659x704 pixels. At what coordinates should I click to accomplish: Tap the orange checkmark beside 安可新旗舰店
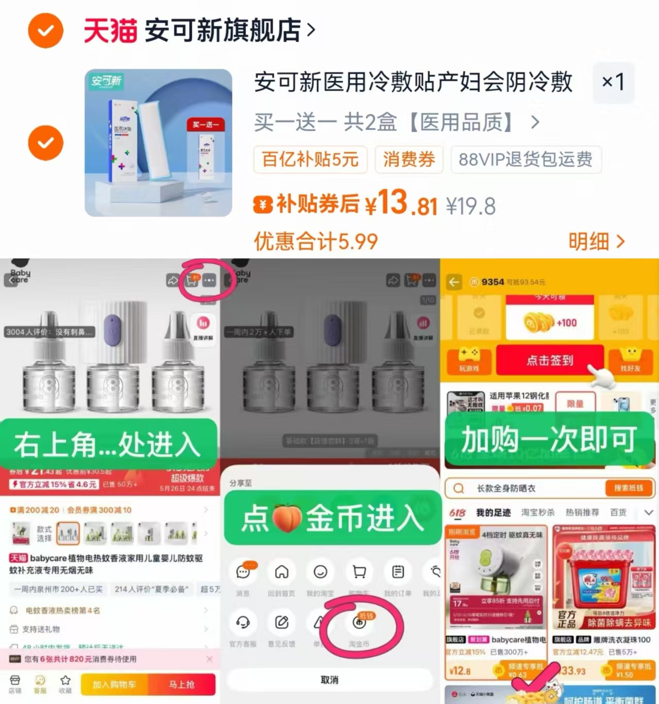click(x=45, y=31)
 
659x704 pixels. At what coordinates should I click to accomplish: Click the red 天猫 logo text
click(x=110, y=31)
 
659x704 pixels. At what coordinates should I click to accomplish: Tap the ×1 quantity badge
click(x=613, y=82)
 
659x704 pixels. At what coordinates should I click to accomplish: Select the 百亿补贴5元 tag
click(x=310, y=159)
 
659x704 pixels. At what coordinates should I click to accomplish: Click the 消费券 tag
click(x=409, y=159)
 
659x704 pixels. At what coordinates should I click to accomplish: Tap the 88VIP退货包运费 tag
click(x=526, y=159)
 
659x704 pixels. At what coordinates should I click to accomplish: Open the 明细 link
click(x=596, y=241)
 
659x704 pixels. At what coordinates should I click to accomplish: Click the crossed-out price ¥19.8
click(x=470, y=207)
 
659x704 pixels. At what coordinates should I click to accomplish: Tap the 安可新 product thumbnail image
click(x=158, y=143)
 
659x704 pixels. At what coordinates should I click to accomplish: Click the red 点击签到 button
click(x=549, y=360)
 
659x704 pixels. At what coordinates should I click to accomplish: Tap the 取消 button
click(x=330, y=680)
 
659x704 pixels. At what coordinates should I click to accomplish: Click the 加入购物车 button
click(x=114, y=684)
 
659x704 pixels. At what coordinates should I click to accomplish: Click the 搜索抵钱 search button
click(x=628, y=488)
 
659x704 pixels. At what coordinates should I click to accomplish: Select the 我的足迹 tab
click(x=493, y=512)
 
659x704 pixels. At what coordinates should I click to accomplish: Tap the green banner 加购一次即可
click(x=549, y=439)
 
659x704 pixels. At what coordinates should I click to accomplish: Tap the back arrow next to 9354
click(x=454, y=282)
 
